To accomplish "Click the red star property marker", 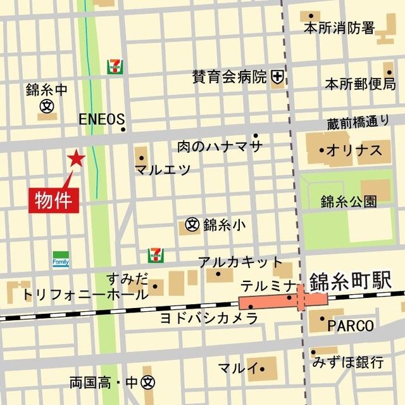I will pyautogui.click(x=76, y=158).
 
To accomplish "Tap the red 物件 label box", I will pyautogui.click(x=55, y=199).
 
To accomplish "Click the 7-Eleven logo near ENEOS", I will pyautogui.click(x=115, y=67).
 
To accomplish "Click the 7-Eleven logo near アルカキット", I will pyautogui.click(x=155, y=255).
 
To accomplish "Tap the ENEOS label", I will pyautogui.click(x=101, y=119).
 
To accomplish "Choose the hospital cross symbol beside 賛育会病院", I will pyautogui.click(x=277, y=77).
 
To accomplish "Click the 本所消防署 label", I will pyautogui.click(x=339, y=28).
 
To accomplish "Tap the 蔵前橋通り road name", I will pyautogui.click(x=359, y=123).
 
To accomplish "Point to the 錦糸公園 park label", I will pyautogui.click(x=349, y=202).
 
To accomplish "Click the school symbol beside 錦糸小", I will pyautogui.click(x=192, y=224).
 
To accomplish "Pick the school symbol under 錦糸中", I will pyautogui.click(x=46, y=107).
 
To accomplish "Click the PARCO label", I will pyautogui.click(x=351, y=326).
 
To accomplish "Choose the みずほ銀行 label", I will pyautogui.click(x=348, y=363).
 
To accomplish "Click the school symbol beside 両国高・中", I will pyautogui.click(x=148, y=383).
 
